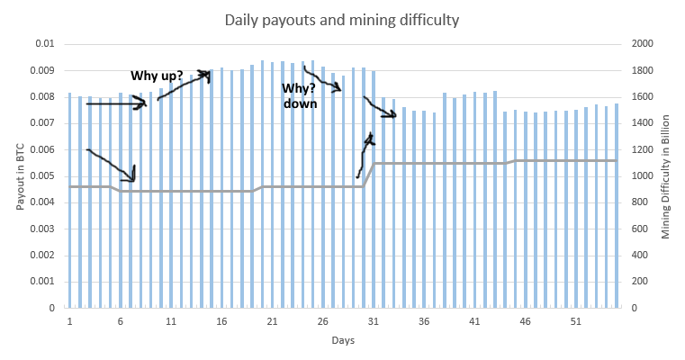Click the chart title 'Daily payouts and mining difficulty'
click(x=342, y=19)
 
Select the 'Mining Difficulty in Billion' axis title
click(x=666, y=175)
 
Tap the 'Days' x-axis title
click(x=343, y=341)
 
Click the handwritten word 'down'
click(x=301, y=103)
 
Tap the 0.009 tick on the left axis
click(x=43, y=70)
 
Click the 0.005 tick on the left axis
click(x=43, y=175)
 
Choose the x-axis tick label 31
click(x=373, y=319)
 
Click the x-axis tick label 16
click(x=221, y=319)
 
